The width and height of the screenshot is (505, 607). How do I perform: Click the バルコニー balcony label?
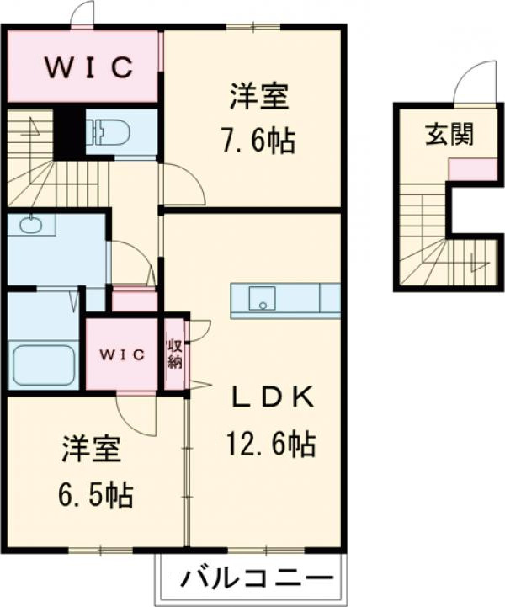(251, 579)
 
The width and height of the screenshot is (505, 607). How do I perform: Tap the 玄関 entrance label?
(447, 132)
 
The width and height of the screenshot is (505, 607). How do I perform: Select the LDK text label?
(274, 396)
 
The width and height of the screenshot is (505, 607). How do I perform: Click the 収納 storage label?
(175, 354)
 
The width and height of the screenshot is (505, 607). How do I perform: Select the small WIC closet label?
(123, 354)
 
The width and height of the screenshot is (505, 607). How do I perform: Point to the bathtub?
(44, 364)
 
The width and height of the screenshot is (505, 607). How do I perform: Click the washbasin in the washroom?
(32, 225)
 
